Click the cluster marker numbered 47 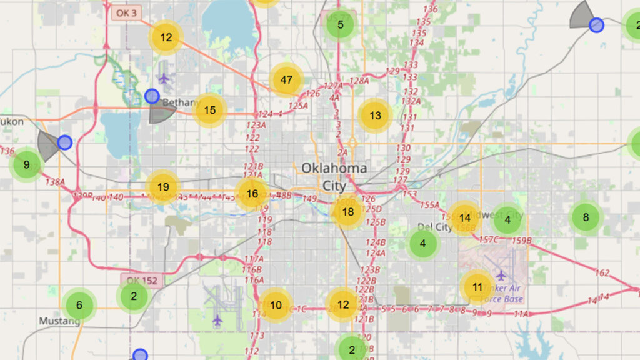[286, 80]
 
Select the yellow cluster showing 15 [209, 111]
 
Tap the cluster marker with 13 [375, 116]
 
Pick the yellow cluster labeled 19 [163, 187]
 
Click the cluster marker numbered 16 [252, 194]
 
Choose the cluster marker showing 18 [348, 212]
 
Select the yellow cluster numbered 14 [464, 218]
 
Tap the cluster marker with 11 [477, 287]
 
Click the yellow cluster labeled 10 [276, 306]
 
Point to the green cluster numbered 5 [340, 25]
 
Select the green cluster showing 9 [26, 165]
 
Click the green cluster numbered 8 [586, 217]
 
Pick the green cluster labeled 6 [79, 306]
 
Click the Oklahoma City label [334, 176]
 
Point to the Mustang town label [60, 321]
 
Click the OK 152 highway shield [142, 281]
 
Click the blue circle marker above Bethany [152, 96]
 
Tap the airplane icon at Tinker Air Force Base [501, 275]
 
